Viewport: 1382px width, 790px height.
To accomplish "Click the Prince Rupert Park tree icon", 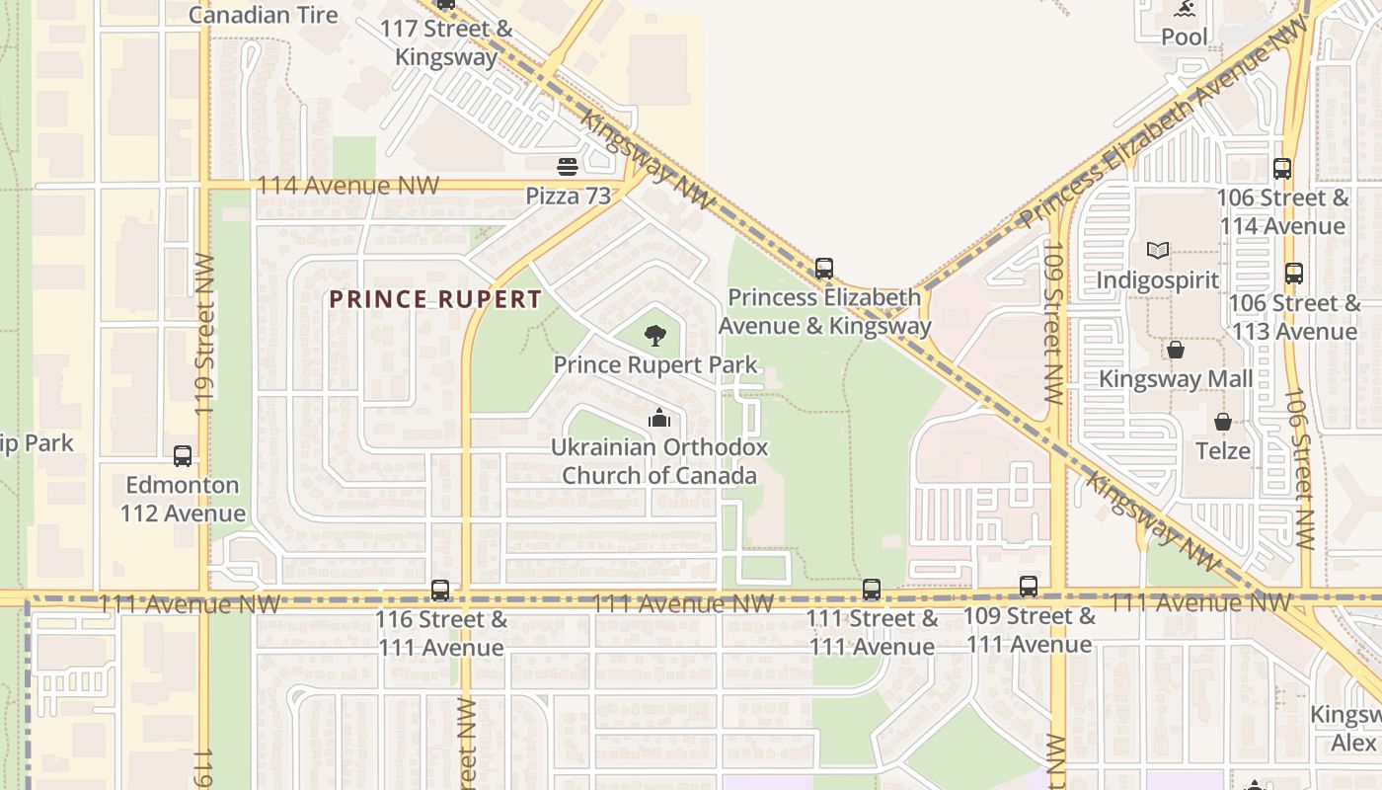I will [x=654, y=336].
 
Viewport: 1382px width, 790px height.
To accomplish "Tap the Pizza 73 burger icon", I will [x=568, y=167].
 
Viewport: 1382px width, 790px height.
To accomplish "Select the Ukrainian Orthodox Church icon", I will [x=659, y=419].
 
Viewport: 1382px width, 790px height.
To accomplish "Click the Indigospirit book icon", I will [x=1158, y=251].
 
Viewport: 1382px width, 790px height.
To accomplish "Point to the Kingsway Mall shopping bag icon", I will [x=1176, y=350].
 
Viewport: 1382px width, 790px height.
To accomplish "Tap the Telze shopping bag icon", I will [x=1223, y=422].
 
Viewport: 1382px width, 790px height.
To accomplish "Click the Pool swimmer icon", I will [x=1184, y=9].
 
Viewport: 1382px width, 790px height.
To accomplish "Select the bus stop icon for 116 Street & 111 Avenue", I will [x=440, y=591].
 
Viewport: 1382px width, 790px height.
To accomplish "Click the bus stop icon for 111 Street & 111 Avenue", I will [x=871, y=590].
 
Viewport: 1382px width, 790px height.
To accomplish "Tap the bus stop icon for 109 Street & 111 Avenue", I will [x=1029, y=587].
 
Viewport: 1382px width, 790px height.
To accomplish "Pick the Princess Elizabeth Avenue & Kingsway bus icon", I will [x=824, y=268].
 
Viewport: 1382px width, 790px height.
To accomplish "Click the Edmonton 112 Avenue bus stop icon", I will [x=183, y=456].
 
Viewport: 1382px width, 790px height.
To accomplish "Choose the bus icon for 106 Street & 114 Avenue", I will [x=1282, y=169].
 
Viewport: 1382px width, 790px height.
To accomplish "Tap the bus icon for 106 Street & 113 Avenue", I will [x=1294, y=274].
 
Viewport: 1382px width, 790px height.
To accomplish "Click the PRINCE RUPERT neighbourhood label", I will [x=435, y=299].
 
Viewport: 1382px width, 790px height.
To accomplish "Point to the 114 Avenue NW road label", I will [x=347, y=186].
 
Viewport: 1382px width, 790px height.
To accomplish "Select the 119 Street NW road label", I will [x=205, y=334].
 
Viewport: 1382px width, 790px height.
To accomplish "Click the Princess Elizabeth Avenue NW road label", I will [x=1165, y=123].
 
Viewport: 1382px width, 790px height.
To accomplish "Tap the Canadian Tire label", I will [x=263, y=15].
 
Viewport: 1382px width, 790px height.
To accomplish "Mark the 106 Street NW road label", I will [x=1299, y=468].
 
